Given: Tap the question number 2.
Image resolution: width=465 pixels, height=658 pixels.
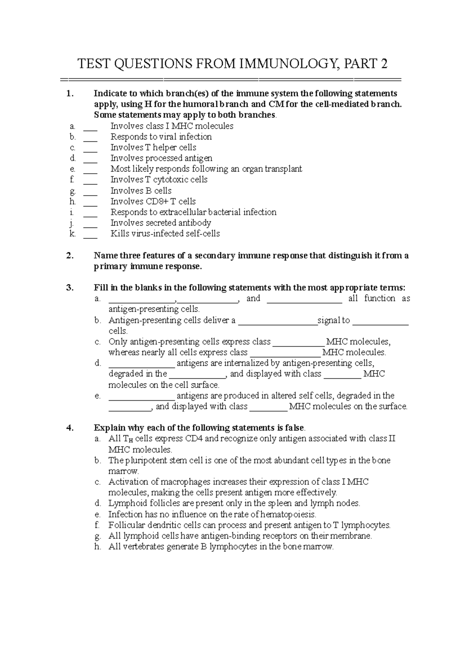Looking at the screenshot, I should click(70, 256).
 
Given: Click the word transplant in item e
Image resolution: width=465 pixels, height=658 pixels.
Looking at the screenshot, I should click(283, 169).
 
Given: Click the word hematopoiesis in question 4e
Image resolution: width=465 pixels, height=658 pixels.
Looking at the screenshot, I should click(288, 515).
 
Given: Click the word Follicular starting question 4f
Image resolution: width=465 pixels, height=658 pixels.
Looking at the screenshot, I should click(125, 525).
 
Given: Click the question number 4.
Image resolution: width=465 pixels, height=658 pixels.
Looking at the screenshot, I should click(70, 428).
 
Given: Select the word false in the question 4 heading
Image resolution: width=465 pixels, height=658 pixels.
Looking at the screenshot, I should click(295, 428).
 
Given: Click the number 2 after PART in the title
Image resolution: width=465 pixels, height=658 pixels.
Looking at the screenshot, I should click(384, 64).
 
